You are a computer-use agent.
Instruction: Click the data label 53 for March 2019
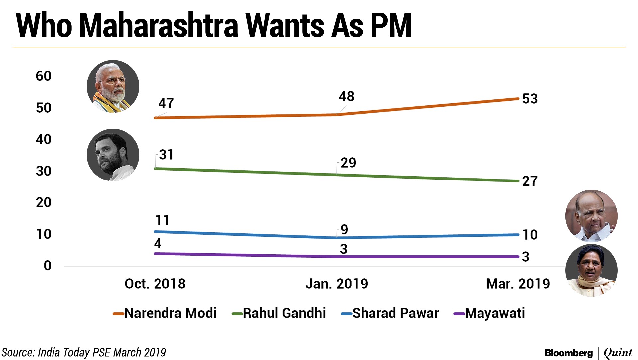[530, 99]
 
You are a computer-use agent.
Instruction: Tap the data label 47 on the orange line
[166, 103]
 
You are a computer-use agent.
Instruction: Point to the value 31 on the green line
[166, 155]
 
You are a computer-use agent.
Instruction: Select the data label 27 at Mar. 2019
[530, 181]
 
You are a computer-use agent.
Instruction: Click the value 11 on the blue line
[162, 220]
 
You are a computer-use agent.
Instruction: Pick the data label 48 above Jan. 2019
[346, 96]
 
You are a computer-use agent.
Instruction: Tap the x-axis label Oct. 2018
[155, 284]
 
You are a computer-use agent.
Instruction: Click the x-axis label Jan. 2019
[336, 284]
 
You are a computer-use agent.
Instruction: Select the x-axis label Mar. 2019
[518, 284]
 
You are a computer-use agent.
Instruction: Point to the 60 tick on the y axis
[44, 76]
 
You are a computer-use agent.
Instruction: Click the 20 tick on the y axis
[44, 202]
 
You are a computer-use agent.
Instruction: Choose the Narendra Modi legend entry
[170, 313]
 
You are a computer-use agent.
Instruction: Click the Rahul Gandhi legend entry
[284, 313]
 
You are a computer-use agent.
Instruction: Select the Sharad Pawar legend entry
[395, 313]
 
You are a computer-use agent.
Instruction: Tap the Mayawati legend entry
[495, 313]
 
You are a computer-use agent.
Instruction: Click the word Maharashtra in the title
[159, 26]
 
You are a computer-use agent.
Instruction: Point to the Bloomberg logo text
[569, 353]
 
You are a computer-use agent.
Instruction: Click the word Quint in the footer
[618, 353]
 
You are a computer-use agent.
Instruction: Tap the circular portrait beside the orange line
[113, 86]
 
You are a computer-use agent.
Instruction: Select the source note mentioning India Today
[84, 352]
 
